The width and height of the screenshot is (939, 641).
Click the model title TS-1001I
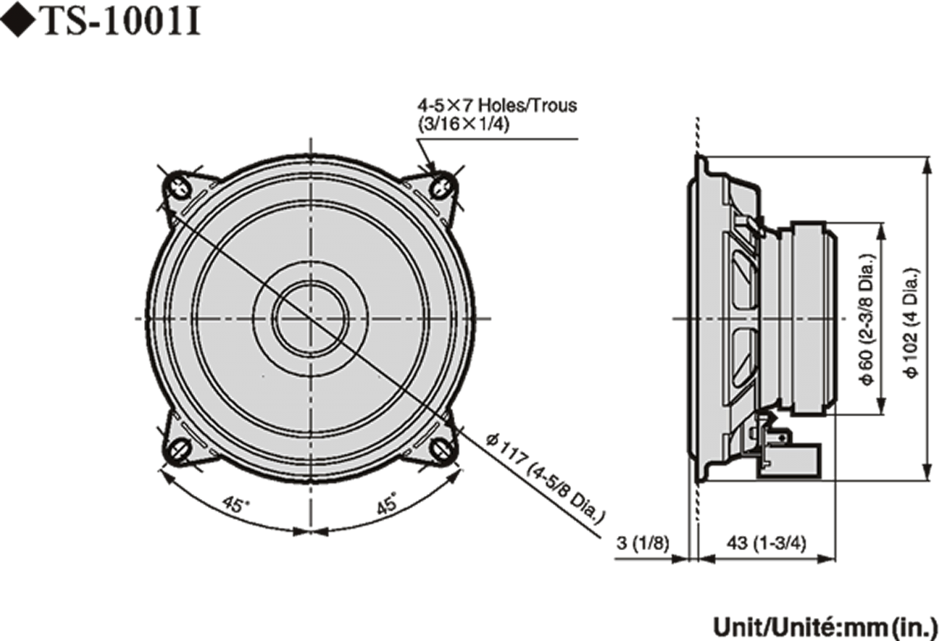tap(122, 23)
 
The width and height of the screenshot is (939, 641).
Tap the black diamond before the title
tap(18, 23)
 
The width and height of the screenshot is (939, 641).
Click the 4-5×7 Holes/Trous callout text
tap(497, 105)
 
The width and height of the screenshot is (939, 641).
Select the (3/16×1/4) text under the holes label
tap(464, 124)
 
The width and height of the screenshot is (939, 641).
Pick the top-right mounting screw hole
tap(442, 185)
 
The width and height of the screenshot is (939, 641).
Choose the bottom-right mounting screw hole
tap(442, 449)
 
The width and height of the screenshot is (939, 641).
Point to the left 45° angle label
tap(235, 505)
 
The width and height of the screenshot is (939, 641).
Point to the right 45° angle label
tap(387, 504)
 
